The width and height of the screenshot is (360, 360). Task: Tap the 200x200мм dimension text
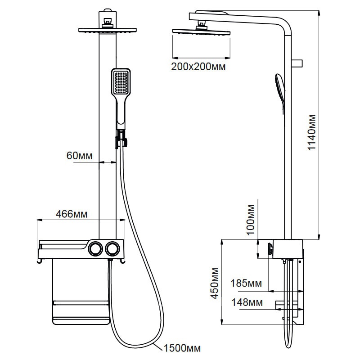[198, 67]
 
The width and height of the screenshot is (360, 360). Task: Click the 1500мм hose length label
[182, 347]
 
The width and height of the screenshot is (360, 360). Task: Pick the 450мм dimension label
[215, 283]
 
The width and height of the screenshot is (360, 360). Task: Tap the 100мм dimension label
[252, 219]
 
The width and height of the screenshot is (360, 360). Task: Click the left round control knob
[94, 248]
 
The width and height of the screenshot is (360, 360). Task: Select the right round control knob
[111, 248]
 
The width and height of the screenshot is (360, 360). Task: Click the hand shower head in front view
[121, 82]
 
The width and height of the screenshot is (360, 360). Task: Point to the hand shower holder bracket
[121, 138]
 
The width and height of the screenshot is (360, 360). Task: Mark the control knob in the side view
[270, 248]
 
